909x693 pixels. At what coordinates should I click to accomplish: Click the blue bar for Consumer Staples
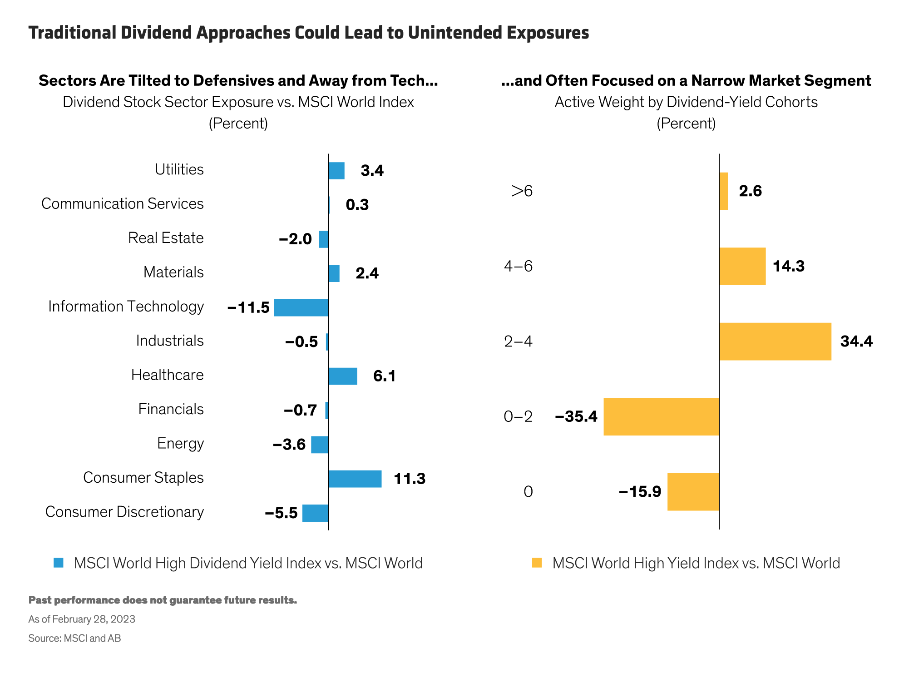(355, 479)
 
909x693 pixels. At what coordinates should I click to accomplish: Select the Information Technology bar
(301, 307)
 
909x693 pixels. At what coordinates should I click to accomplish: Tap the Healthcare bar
(343, 376)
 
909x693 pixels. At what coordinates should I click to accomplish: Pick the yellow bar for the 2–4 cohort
(775, 342)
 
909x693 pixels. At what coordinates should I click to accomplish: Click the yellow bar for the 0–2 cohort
(661, 416)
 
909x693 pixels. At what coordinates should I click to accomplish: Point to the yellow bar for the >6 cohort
(724, 191)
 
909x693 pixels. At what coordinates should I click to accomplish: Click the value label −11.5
(248, 308)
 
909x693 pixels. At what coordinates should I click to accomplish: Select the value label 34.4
(856, 342)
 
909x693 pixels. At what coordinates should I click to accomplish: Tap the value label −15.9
(640, 492)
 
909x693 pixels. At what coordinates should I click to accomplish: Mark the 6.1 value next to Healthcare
(384, 376)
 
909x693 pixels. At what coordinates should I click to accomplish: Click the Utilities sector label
(179, 169)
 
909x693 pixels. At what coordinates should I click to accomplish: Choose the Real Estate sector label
(166, 238)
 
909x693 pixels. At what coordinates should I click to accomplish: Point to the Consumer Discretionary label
(124, 512)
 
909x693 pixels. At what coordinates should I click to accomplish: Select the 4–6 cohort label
(518, 266)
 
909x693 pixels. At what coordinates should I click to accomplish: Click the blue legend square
(59, 563)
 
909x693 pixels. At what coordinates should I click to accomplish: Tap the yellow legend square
(537, 563)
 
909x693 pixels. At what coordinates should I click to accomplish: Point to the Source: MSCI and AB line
(75, 638)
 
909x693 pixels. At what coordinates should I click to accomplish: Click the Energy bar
(319, 445)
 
